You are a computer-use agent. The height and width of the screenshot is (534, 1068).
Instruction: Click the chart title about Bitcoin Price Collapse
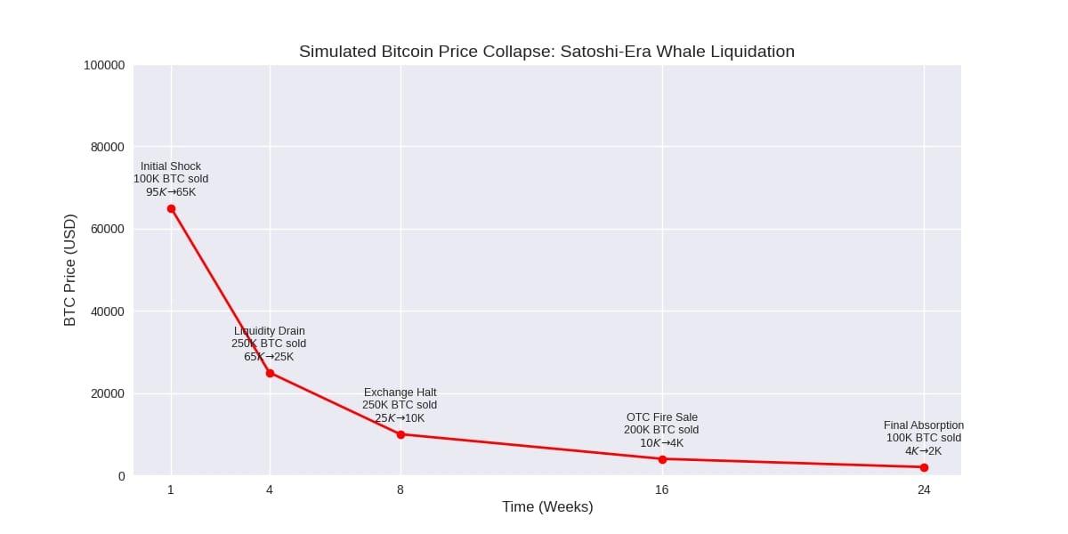point(546,52)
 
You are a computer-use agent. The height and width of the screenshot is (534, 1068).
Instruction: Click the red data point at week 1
point(171,208)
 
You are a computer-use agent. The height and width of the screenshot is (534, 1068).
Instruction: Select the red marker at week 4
point(270,373)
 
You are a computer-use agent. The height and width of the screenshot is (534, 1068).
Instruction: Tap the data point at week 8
point(400,434)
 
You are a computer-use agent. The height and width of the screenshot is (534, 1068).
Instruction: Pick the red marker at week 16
point(662,459)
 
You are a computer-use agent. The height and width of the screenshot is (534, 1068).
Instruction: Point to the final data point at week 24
point(924,467)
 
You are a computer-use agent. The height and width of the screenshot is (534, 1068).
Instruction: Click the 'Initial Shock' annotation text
point(171,166)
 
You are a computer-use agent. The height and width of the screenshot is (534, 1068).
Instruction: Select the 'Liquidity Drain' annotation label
point(269,331)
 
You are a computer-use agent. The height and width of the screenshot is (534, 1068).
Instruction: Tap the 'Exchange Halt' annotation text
point(400,392)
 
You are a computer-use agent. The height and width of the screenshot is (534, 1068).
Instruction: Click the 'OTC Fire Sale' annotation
point(661,417)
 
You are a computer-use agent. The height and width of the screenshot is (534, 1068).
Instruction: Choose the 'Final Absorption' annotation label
point(923,425)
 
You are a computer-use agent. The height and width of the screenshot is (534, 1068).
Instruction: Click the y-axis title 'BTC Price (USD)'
point(70,270)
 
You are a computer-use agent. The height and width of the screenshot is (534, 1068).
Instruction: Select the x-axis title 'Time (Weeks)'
point(546,507)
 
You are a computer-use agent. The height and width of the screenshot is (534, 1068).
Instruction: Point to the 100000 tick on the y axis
point(104,65)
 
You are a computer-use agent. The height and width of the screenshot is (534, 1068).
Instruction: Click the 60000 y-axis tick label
point(108,229)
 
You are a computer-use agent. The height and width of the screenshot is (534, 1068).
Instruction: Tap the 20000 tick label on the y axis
point(108,393)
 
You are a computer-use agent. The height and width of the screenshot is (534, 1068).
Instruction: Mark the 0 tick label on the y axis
point(121,475)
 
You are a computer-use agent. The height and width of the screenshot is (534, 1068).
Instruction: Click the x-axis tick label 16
point(662,489)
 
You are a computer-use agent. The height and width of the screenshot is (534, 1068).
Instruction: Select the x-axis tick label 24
point(924,489)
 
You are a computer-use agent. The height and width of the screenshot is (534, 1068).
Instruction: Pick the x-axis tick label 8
point(400,489)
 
